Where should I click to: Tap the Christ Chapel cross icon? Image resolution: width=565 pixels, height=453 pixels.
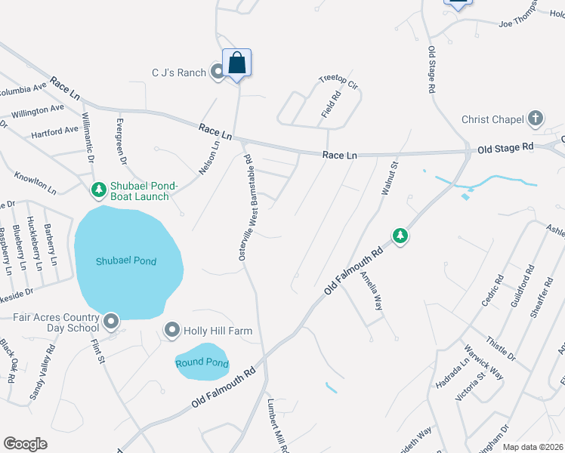535,119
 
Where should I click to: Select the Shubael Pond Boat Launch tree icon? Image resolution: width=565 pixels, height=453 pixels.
97,190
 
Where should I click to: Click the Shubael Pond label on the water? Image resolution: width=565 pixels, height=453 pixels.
126,261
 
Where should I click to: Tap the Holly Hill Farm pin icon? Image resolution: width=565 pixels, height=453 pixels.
172,330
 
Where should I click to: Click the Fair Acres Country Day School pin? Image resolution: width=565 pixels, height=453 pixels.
111,322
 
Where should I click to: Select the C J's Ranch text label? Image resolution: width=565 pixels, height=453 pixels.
178,72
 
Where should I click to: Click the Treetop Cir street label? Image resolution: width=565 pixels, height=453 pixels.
336,79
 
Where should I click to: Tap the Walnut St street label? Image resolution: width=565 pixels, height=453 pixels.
389,179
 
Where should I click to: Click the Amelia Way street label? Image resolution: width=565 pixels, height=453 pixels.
372,291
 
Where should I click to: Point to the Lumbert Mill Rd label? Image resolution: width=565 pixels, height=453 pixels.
276,427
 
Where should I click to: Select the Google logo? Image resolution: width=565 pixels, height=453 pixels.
25,444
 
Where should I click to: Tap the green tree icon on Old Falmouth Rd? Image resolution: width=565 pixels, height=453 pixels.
400,236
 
